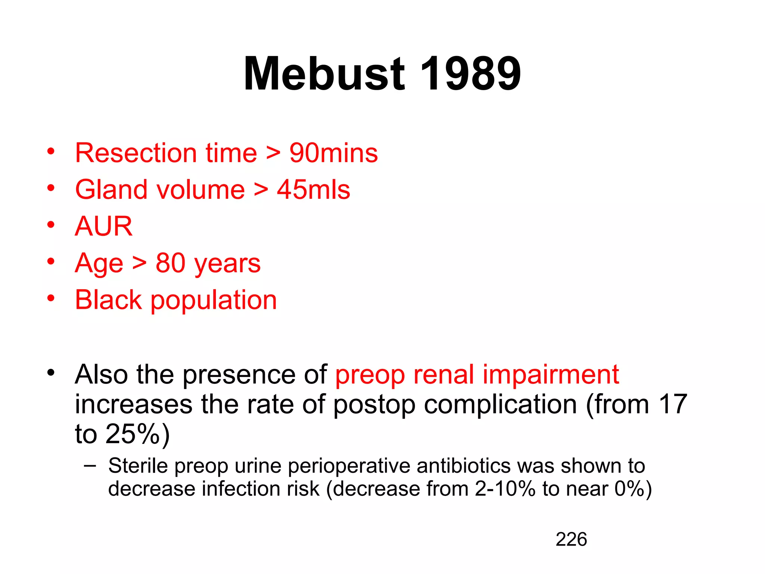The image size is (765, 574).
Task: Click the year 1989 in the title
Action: pyautogui.click(x=470, y=74)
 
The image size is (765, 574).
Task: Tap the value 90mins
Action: pyautogui.click(x=334, y=153)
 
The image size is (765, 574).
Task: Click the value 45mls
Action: pyautogui.click(x=313, y=190)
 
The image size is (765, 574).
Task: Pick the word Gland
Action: pyautogui.click(x=111, y=190)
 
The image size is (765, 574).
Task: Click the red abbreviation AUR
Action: pyautogui.click(x=103, y=226)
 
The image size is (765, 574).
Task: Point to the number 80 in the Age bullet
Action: pyautogui.click(x=170, y=263)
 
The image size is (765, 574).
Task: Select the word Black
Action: pyautogui.click(x=108, y=300)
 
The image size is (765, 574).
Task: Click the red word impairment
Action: pyautogui.click(x=551, y=375)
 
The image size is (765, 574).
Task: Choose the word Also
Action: pyautogui.click(x=101, y=374)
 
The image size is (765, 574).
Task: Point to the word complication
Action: pyautogui.click(x=501, y=405)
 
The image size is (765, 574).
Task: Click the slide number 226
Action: pyautogui.click(x=571, y=540)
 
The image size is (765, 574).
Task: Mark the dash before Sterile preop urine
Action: pyautogui.click(x=90, y=466)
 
